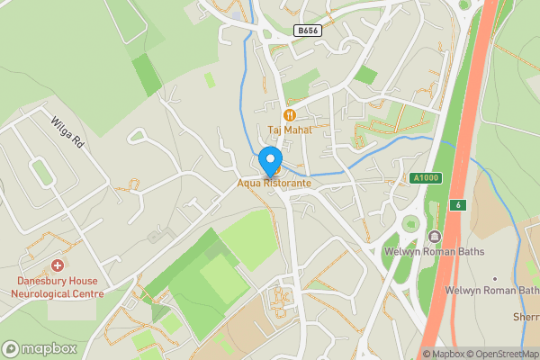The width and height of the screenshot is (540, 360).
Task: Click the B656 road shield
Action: (x=308, y=31)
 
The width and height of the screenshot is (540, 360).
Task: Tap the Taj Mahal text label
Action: (x=289, y=130)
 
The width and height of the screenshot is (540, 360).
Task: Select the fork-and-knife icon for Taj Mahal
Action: (x=289, y=114)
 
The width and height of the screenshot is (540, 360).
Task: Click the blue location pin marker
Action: (x=269, y=162)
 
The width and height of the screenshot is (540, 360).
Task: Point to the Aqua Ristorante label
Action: (x=274, y=184)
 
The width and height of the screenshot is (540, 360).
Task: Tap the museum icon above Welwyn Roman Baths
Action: (x=435, y=237)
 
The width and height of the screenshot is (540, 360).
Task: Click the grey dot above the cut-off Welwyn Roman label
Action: (x=494, y=278)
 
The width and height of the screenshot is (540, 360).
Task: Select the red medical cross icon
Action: (x=58, y=265)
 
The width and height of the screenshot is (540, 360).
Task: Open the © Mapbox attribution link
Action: (x=445, y=354)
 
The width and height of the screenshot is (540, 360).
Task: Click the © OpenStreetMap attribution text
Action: (x=502, y=354)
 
